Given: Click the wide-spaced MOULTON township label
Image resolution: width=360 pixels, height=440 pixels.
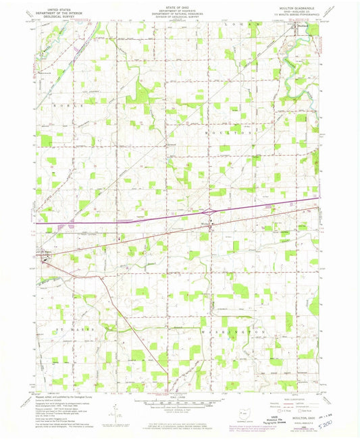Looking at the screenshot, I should pyautogui.click(x=230, y=134).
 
